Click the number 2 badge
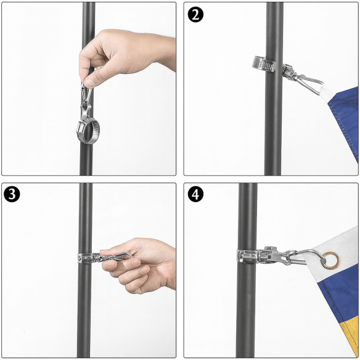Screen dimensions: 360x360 (x=196, y=14)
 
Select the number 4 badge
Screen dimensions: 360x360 (x=196, y=195)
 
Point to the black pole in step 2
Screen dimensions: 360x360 (x=273, y=136)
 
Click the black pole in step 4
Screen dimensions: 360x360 (x=247, y=314)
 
